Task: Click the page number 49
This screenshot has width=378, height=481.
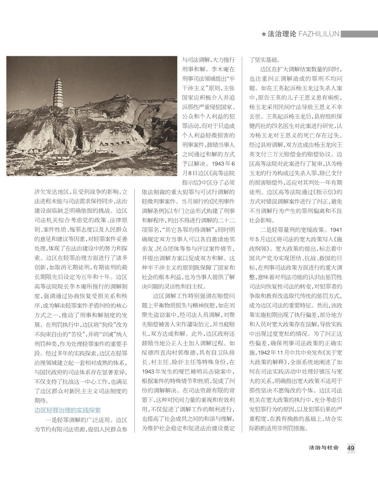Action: click(351, 448)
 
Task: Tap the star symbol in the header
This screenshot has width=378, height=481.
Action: click(264, 34)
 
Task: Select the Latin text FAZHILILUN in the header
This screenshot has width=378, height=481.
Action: click(319, 34)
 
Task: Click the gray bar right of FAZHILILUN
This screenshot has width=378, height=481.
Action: click(359, 34)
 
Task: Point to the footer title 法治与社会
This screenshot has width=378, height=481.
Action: click(324, 448)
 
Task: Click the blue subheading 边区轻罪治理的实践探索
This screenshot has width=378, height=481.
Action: click(67, 410)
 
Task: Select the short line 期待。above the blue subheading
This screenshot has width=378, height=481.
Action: click(42, 400)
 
